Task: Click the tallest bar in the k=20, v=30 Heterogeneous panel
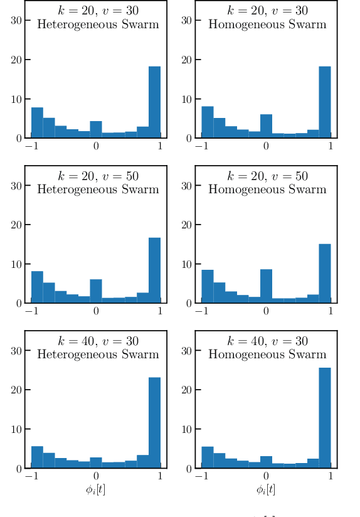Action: click(x=154, y=102)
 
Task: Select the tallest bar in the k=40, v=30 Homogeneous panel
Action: click(x=324, y=417)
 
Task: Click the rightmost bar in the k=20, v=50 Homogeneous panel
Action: click(x=324, y=273)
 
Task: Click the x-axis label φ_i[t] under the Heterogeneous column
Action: click(x=96, y=489)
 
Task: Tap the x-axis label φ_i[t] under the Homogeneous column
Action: click(x=266, y=489)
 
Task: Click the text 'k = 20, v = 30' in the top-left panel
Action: click(x=96, y=11)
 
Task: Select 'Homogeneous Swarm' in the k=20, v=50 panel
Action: click(x=267, y=189)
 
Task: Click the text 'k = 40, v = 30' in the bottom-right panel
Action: click(x=267, y=341)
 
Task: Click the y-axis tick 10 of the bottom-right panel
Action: click(x=187, y=429)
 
